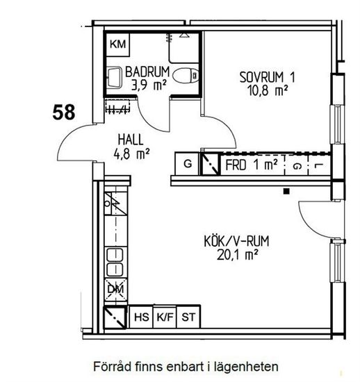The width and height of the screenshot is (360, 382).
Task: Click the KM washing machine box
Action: tap(117, 44)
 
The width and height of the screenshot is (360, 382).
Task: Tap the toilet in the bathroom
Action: tap(186, 76)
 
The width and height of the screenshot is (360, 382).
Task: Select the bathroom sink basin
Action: tap(114, 77)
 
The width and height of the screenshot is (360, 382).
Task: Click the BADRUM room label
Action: tap(147, 72)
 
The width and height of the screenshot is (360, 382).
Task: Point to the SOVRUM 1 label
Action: tap(267, 77)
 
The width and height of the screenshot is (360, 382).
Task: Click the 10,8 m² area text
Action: tap(268, 90)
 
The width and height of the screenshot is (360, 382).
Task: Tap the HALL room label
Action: tap(131, 140)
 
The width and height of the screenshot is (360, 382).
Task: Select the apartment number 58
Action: tap(64, 112)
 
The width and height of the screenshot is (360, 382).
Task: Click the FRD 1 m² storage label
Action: tap(252, 165)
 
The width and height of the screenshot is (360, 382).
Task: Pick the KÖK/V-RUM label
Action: tap(236, 241)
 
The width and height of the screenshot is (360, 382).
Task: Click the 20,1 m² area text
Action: tap(237, 255)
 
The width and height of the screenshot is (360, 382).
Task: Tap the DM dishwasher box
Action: tap(116, 290)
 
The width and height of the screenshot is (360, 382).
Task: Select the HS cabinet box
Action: tap(141, 317)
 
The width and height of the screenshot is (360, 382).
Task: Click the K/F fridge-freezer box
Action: tap(165, 317)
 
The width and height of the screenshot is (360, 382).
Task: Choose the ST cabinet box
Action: tap(188, 317)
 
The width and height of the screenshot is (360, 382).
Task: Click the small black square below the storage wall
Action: tap(286, 191)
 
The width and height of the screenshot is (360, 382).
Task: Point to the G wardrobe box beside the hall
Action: tap(187, 163)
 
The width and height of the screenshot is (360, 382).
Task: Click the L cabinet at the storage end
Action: tap(319, 165)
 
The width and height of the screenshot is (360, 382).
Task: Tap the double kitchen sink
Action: tap(115, 263)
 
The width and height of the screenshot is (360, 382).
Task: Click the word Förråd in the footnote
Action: tap(113, 367)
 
